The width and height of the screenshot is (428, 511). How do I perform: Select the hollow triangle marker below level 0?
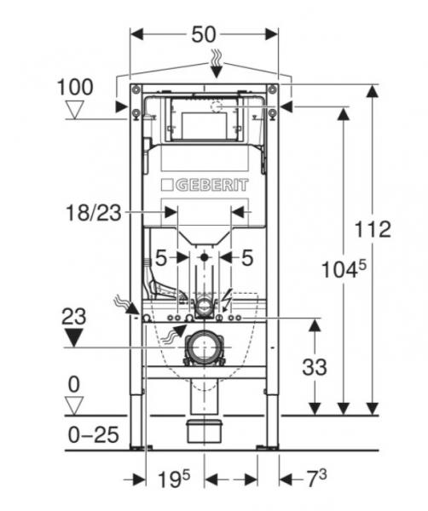point(77,405)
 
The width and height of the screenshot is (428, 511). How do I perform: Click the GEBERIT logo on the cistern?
point(205,185)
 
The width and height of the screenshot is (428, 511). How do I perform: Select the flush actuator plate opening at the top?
point(205,120)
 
